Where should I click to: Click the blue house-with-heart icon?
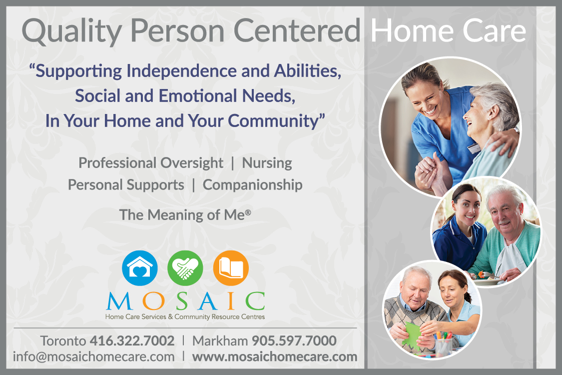140,268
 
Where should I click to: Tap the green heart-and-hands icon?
185,268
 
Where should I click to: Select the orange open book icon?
231,268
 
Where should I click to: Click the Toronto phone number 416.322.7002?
132,340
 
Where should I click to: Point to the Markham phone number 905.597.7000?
294,340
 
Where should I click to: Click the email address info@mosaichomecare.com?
94,356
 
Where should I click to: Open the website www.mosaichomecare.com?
275,356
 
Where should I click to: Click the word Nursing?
267,163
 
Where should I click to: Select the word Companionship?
253,185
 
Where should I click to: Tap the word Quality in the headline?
71,31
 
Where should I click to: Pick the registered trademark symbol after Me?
248,212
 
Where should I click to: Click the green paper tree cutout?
412,335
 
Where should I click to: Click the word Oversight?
192,163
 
